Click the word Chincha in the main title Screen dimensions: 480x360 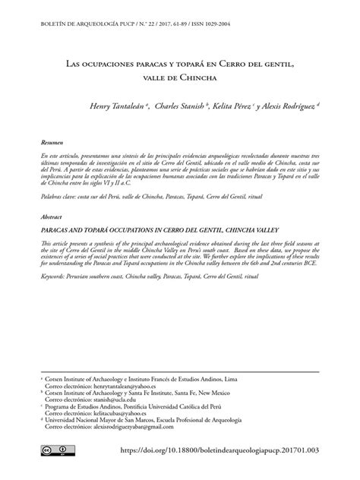pyautogui.click(x=198, y=77)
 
